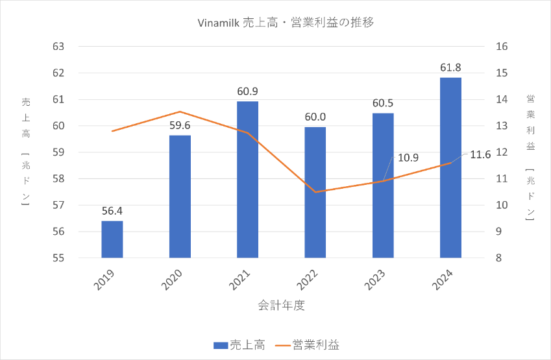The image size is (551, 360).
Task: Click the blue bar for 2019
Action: coord(112,239)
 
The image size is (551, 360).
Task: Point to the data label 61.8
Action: coord(450,67)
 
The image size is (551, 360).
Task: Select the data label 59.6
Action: coord(180,125)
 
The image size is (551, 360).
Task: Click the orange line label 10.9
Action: coord(408,158)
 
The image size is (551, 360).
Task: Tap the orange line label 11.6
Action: coord(480,154)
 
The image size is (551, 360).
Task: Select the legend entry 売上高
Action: coord(239,344)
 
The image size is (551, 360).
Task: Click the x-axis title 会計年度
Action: coord(281,304)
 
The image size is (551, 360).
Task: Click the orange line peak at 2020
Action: coord(180,112)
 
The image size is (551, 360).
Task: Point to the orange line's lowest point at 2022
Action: coord(315,192)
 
